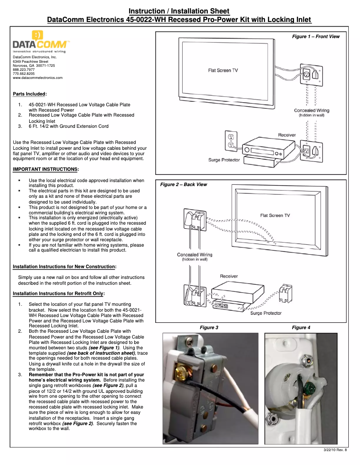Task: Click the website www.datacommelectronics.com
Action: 38,78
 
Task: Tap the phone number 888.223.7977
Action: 24,70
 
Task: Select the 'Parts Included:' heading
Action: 30,94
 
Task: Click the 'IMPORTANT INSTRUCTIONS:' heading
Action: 46,169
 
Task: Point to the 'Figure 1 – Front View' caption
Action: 316,36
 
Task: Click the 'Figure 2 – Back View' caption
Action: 184,184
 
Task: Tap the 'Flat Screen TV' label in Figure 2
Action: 275,215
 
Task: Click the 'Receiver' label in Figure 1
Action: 287,135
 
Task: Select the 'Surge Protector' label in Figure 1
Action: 224,160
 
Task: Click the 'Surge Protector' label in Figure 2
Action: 266,313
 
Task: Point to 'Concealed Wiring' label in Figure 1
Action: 312,110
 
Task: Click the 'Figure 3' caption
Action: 209,327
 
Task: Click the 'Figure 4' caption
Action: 301,327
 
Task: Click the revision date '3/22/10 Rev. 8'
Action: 335,450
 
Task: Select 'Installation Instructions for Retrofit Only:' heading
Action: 59,293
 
